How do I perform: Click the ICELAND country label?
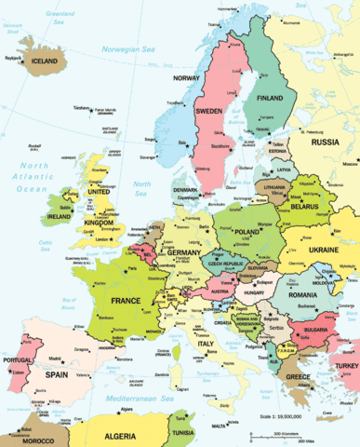[x=45, y=62]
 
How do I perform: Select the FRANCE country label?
[x=126, y=302]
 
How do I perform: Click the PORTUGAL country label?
[x=18, y=360]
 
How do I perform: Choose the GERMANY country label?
[x=184, y=252]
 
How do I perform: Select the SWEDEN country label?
[x=209, y=111]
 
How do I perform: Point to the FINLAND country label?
[x=270, y=97]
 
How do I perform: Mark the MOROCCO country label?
[x=38, y=440]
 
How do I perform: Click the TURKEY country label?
[x=346, y=366]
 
